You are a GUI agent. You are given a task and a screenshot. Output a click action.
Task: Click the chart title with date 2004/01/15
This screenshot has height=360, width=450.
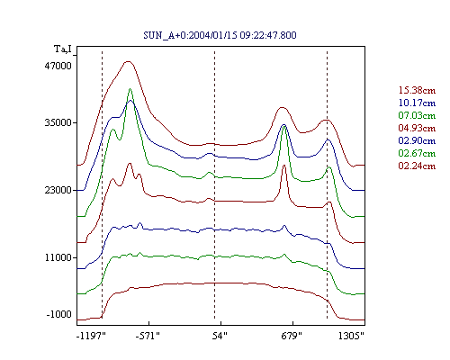pos(220,35)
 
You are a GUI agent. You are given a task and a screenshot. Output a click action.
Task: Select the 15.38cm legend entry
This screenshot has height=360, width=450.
pos(417,90)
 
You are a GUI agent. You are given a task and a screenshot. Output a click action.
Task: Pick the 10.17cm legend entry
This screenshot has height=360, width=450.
pos(417,103)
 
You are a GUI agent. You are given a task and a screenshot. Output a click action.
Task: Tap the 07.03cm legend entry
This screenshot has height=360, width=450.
pos(417,115)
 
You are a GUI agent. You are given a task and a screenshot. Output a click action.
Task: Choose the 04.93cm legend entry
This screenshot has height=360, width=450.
pos(417,128)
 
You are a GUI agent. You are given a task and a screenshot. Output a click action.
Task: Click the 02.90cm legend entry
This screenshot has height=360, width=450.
pos(417,140)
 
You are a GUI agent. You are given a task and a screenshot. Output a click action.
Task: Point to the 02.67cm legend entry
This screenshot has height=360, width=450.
pos(417,153)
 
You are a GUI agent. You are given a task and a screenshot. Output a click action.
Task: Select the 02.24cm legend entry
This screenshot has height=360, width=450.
pos(417,166)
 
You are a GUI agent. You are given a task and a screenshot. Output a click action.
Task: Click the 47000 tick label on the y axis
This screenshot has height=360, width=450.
pos(58,66)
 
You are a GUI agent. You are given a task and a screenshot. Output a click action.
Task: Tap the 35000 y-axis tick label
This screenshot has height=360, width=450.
pos(58,122)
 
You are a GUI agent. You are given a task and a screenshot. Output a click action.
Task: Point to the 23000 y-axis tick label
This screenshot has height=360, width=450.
pos(58,190)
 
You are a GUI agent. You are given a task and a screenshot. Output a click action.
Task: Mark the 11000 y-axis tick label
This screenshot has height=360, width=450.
pos(58,257)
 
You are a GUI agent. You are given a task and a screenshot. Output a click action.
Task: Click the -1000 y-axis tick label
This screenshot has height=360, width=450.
pos(59,314)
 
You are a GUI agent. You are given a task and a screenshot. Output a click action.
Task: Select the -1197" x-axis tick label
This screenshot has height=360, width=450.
pos(92,336)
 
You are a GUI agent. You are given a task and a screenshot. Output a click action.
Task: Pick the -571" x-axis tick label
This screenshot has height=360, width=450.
pos(148,336)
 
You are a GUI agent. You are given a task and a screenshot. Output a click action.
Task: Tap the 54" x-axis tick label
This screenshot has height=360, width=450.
pos(220,336)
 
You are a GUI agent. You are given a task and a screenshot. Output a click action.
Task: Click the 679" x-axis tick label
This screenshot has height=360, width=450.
pos(292,336)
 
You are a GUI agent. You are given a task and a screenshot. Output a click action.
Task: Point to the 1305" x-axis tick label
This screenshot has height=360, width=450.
pos(351,336)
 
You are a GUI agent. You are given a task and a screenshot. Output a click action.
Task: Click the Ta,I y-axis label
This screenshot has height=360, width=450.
pos(63,49)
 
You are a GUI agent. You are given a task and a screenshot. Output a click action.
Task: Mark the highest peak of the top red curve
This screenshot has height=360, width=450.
pos(129,61)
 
